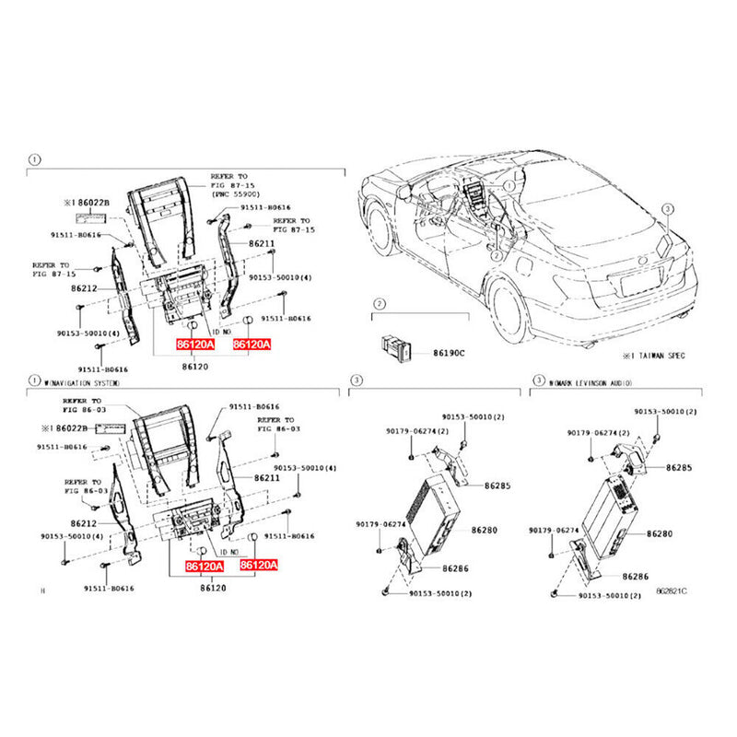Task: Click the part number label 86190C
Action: [x=450, y=353]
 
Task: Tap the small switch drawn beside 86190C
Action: [x=393, y=346]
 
